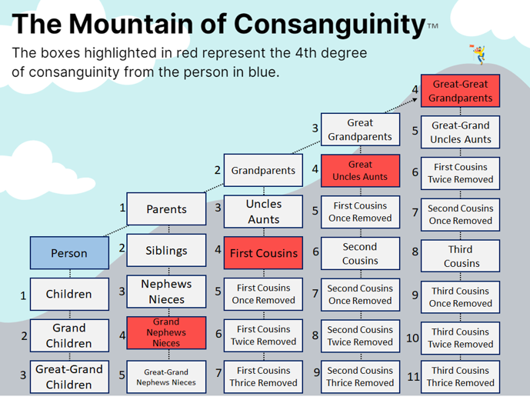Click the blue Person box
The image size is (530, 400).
(69, 253)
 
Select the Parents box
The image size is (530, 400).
(166, 209)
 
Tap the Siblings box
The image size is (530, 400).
(166, 250)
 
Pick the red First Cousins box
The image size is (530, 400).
(263, 253)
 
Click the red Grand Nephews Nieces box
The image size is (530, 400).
(166, 333)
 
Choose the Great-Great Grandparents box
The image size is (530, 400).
(460, 91)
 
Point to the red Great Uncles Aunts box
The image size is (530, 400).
(360, 171)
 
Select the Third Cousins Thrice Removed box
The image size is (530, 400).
(460, 377)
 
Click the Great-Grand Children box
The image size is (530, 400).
(69, 377)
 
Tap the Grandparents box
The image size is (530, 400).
(263, 170)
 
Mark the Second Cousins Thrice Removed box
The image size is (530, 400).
(360, 377)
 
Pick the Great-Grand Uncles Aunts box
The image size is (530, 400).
(460, 132)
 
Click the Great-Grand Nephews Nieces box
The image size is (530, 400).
(166, 377)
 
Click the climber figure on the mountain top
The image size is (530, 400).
(478, 54)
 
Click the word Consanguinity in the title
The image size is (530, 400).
(329, 25)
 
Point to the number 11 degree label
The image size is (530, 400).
(413, 376)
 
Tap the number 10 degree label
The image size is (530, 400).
(412, 338)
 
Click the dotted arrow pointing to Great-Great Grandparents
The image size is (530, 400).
(401, 105)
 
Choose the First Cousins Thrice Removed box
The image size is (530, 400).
(263, 377)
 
